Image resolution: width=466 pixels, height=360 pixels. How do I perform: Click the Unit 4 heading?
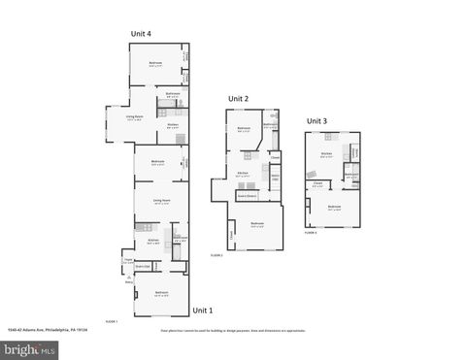pos(142,34)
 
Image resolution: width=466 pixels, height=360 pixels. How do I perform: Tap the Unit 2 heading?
pos(239,99)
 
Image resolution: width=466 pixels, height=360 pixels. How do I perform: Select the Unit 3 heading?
pos(317,121)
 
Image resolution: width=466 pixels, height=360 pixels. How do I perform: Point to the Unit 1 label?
pos(202,311)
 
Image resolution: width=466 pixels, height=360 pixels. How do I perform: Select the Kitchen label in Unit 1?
pos(152,240)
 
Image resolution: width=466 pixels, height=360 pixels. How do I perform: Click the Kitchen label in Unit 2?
pos(243,175)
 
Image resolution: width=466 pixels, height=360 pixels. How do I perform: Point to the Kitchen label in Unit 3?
pos(325,153)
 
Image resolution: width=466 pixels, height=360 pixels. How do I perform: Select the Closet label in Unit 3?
pos(317,182)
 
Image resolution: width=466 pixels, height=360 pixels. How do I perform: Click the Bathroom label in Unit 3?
pos(350,177)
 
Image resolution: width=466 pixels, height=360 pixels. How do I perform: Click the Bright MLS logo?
pos(29,348)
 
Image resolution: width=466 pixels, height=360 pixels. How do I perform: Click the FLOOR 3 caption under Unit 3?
pos(311,233)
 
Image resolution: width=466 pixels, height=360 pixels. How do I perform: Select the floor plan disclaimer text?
pos(233,330)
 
